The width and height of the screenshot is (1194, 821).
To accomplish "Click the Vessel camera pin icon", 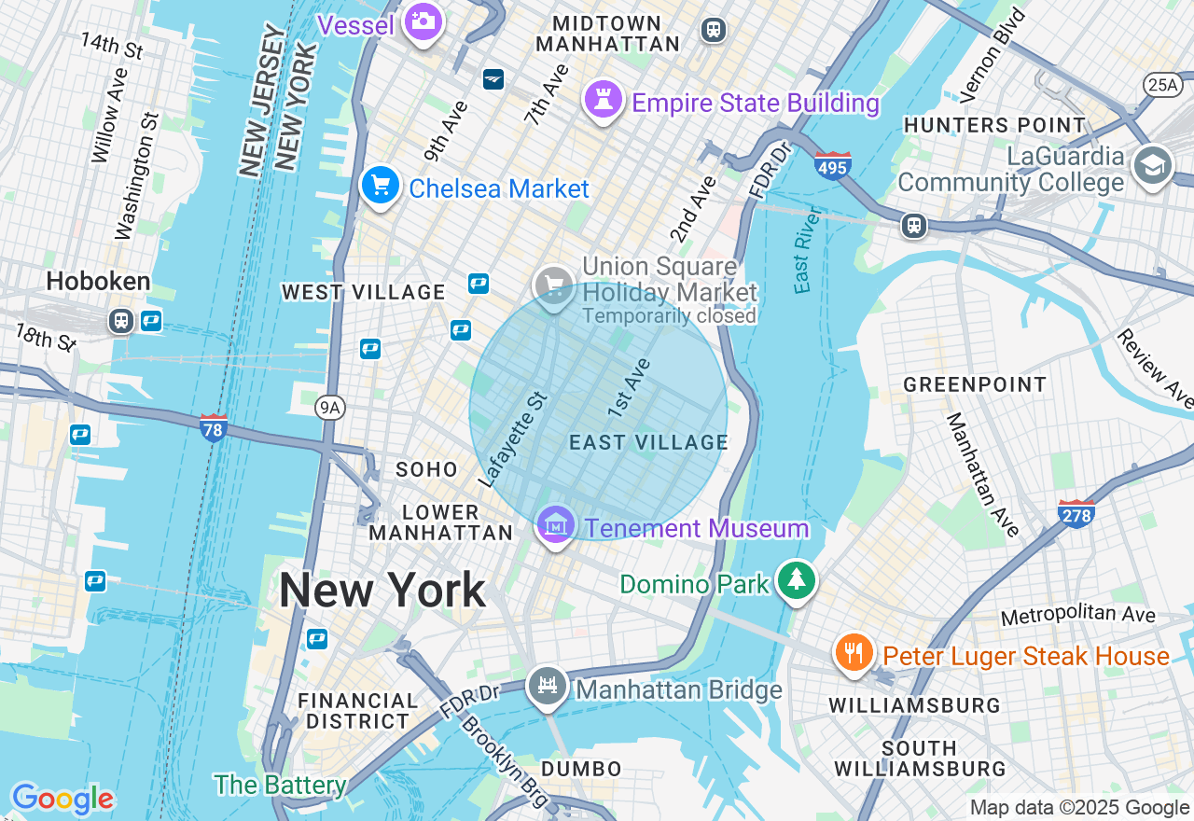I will point(423,21).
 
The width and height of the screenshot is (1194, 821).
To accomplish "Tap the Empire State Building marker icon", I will point(603,98).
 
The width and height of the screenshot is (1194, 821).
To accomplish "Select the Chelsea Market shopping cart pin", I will point(380,185).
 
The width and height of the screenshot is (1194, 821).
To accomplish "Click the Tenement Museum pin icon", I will point(556,525).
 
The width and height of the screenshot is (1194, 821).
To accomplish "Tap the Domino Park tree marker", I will point(796,580).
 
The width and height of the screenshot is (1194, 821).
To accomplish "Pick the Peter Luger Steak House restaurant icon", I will point(854,652).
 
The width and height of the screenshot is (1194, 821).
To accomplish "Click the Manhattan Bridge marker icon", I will point(547,687).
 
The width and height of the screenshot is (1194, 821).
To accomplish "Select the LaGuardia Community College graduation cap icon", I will point(1152,166).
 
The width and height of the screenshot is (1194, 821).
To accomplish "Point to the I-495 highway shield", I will point(832,165).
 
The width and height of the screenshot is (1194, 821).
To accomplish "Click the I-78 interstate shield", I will point(214,428).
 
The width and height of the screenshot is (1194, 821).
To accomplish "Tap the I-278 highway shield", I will point(1076,513).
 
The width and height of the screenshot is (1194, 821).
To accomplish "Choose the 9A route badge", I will point(329,408).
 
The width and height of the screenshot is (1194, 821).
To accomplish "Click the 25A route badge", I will point(1162,85).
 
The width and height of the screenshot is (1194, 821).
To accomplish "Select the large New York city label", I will point(382,591).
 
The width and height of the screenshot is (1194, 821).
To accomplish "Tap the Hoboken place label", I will point(98,281).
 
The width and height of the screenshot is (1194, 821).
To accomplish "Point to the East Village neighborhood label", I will point(648,442).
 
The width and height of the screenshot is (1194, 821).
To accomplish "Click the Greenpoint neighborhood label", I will point(975,384).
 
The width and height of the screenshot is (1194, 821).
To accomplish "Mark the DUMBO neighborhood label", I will point(581,769).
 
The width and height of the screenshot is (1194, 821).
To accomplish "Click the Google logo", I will point(62,799).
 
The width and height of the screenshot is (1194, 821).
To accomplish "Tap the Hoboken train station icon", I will point(120,321).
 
